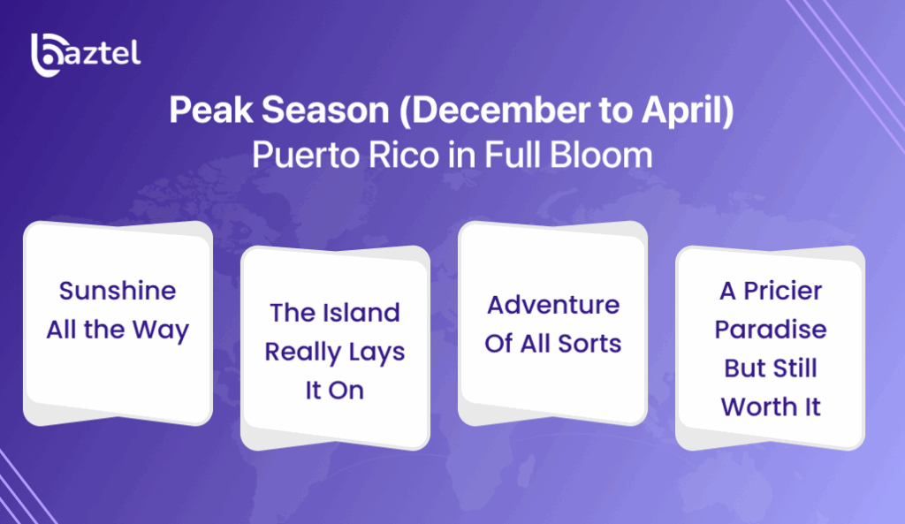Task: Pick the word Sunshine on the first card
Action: click(118, 291)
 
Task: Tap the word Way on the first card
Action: click(161, 330)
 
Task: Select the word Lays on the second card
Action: click(375, 352)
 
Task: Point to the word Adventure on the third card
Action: click(553, 305)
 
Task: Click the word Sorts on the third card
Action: click(589, 344)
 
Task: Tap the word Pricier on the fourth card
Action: click(782, 291)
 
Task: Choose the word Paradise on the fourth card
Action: click(771, 330)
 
